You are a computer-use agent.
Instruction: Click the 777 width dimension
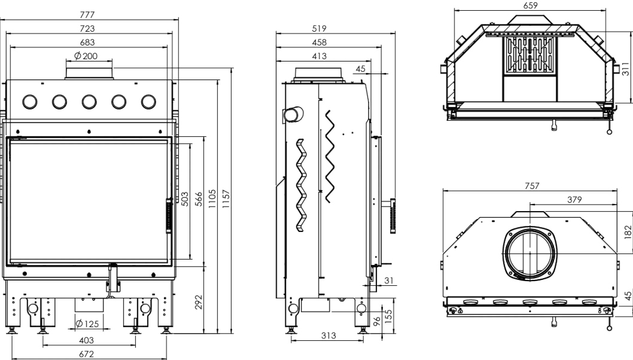coord(87,14)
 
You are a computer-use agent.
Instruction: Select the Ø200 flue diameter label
coord(86,56)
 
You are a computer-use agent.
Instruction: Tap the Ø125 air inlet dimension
coord(87,324)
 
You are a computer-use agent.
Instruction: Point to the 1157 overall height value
coord(226,199)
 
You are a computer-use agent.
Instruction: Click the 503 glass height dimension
coord(184,199)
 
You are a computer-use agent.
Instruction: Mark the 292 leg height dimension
coord(198,302)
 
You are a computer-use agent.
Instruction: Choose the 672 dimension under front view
coord(86,354)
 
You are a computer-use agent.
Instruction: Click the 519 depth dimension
coord(319,28)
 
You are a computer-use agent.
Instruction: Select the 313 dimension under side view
coord(328,335)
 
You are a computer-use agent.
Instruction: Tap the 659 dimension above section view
coord(530,5)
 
